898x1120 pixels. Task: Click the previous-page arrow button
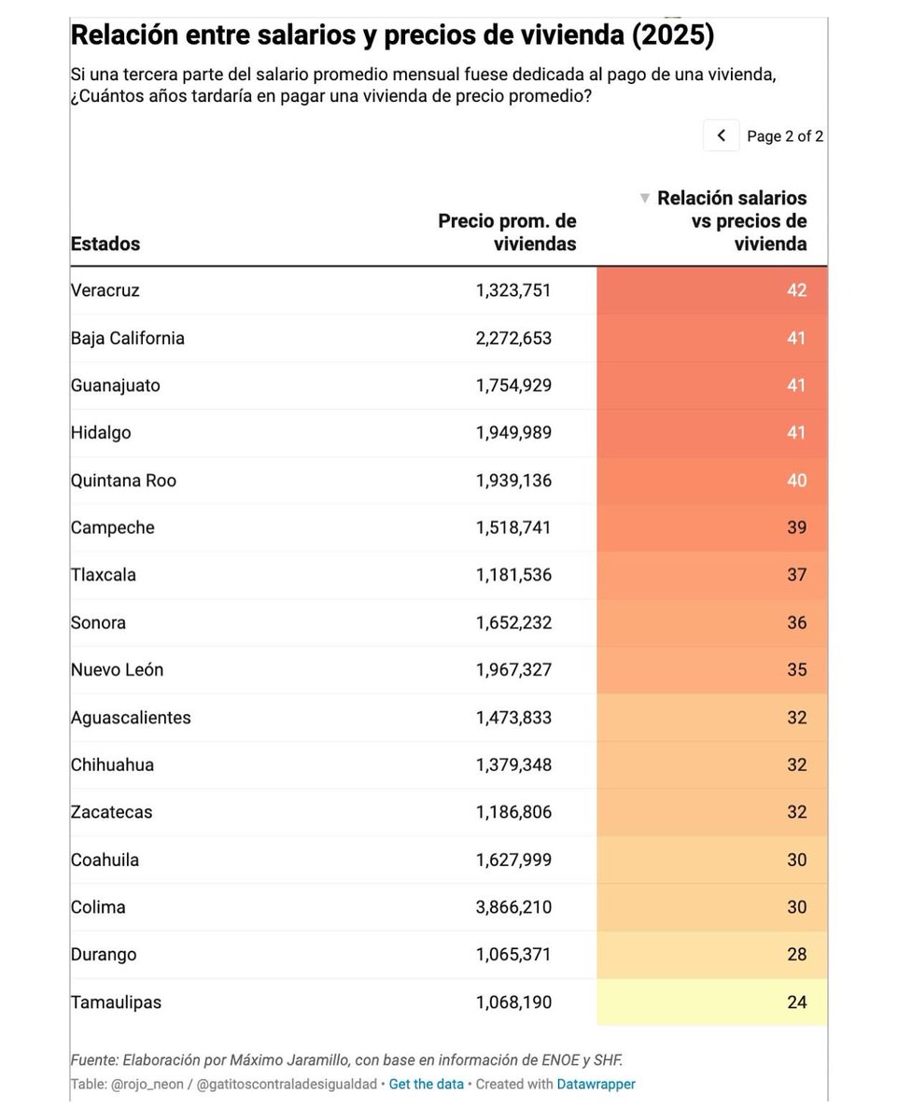point(721,135)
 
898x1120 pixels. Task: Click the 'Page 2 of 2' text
point(784,136)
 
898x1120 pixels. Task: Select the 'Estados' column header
point(105,244)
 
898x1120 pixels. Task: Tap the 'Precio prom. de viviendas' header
point(507,232)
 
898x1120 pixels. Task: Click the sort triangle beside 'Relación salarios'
point(644,198)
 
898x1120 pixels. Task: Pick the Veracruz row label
point(105,290)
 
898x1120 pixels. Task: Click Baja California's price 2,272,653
point(513,338)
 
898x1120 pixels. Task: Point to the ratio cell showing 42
point(795,290)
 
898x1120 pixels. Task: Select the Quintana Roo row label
point(123,481)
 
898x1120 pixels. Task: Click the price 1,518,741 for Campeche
point(513,527)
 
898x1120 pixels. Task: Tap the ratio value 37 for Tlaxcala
point(795,575)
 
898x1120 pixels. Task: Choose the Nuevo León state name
point(117,670)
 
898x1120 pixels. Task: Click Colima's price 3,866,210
point(513,907)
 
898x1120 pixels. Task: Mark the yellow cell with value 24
point(795,1002)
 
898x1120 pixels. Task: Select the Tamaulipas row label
point(116,1002)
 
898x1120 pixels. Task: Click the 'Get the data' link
point(426,1085)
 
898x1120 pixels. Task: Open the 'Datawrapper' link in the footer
point(596,1085)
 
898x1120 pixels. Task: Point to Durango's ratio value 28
point(795,955)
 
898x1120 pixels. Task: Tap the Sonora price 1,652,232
point(513,623)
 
